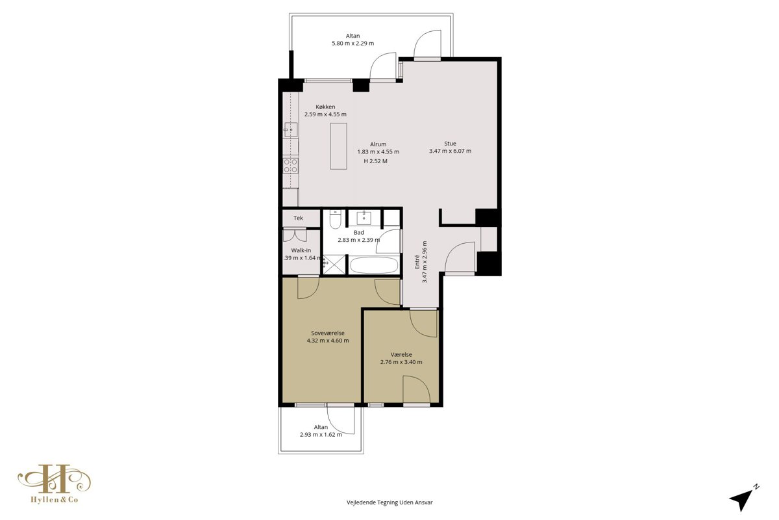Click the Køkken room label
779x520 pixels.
(x=325, y=107)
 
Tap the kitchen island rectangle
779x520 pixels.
(x=338, y=146)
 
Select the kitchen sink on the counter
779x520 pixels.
(x=291, y=130)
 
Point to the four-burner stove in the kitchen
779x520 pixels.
(x=291, y=166)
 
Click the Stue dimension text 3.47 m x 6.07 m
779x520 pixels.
(x=450, y=151)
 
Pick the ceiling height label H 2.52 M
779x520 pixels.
(x=375, y=161)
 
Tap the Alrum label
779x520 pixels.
(x=378, y=144)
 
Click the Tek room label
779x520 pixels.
(x=298, y=218)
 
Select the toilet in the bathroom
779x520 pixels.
(x=335, y=220)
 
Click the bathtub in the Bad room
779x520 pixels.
(x=374, y=265)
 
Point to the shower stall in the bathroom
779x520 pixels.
(x=334, y=265)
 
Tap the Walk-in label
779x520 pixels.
(x=301, y=250)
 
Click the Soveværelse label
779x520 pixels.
(x=328, y=333)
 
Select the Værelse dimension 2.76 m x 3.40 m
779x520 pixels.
(x=401, y=362)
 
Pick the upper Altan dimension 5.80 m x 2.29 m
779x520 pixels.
(x=352, y=44)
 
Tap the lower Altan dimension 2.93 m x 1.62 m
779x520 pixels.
(x=321, y=435)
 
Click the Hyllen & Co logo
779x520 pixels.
(x=55, y=484)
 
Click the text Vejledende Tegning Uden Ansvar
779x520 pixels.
(x=389, y=502)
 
